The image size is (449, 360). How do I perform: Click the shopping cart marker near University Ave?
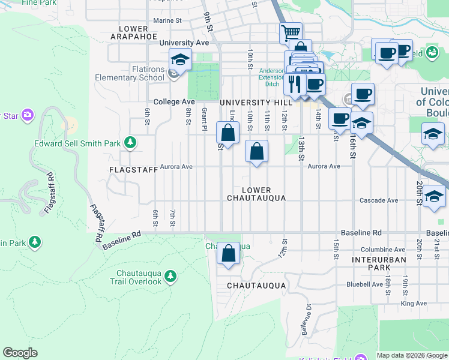291,32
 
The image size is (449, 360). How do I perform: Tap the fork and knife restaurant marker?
294,83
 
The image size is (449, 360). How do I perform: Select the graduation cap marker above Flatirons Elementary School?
179,59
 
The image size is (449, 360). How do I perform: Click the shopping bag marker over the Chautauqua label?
229,253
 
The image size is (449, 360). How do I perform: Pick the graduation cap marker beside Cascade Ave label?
434,196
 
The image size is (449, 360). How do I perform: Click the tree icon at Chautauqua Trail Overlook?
171,275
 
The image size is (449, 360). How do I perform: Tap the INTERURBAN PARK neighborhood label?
379,264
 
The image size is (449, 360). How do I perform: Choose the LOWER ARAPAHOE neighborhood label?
129,32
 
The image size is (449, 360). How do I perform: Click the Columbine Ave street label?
383,250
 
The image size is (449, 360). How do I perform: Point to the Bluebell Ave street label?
364,284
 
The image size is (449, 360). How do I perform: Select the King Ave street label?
414,304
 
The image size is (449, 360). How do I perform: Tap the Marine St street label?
167,20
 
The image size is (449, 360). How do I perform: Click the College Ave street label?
174,102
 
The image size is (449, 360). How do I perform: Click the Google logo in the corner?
20,353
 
